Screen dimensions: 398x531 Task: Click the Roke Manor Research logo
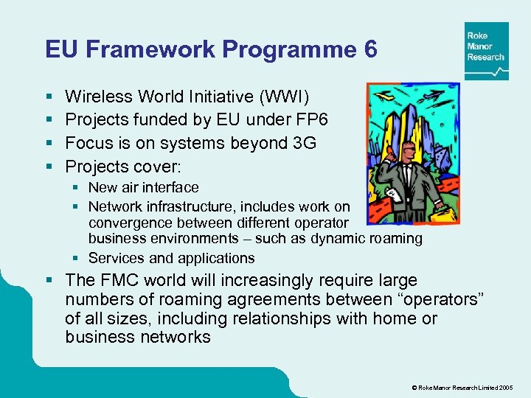[x=486, y=50]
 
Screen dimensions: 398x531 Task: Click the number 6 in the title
[x=370, y=49]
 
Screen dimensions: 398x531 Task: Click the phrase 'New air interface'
[x=143, y=188]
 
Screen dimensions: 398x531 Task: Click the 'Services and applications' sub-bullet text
[x=171, y=258]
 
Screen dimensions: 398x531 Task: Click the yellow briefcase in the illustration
[x=445, y=209]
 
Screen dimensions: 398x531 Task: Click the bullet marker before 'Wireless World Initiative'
[x=48, y=97]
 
